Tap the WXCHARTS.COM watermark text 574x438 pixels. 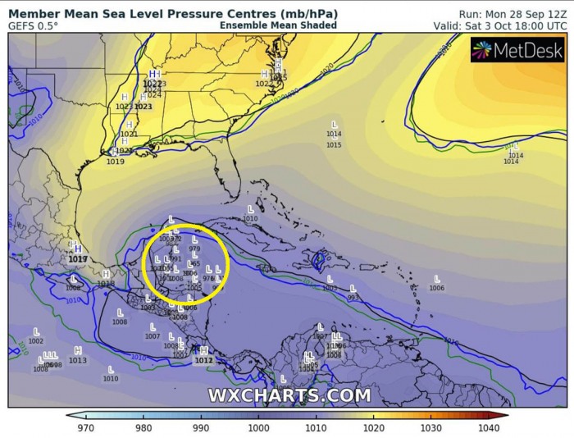(289, 395)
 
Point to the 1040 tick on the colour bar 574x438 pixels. (490, 427)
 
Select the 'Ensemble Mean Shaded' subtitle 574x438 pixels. (278, 25)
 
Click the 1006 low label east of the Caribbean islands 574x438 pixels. (436, 289)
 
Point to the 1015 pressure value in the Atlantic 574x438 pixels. (334, 145)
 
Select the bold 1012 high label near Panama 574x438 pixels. (204, 360)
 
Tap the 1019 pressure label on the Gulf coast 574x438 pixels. (115, 162)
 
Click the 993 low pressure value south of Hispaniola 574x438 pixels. (353, 298)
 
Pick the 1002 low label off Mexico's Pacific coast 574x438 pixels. (35, 341)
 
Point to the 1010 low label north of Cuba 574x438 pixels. (250, 219)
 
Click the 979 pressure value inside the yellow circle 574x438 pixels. (194, 249)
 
